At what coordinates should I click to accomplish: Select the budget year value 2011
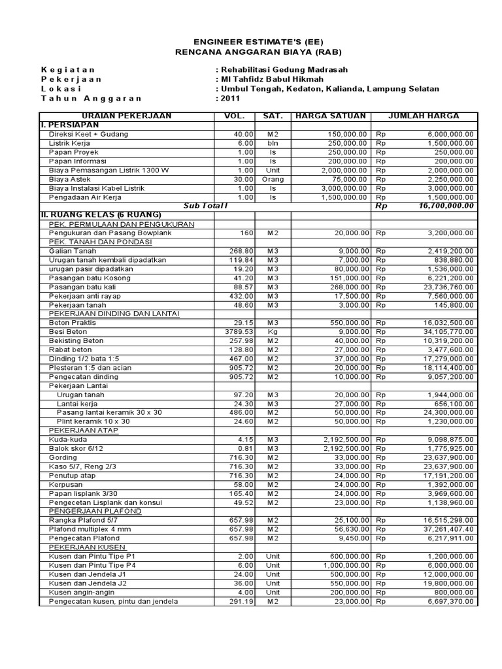click(229, 99)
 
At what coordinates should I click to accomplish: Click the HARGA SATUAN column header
click(330, 116)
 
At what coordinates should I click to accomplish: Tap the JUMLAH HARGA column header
click(424, 116)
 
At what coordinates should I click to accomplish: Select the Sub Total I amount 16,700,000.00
click(446, 206)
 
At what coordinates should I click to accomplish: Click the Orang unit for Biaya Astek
click(273, 179)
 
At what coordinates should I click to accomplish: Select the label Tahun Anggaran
click(91, 99)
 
